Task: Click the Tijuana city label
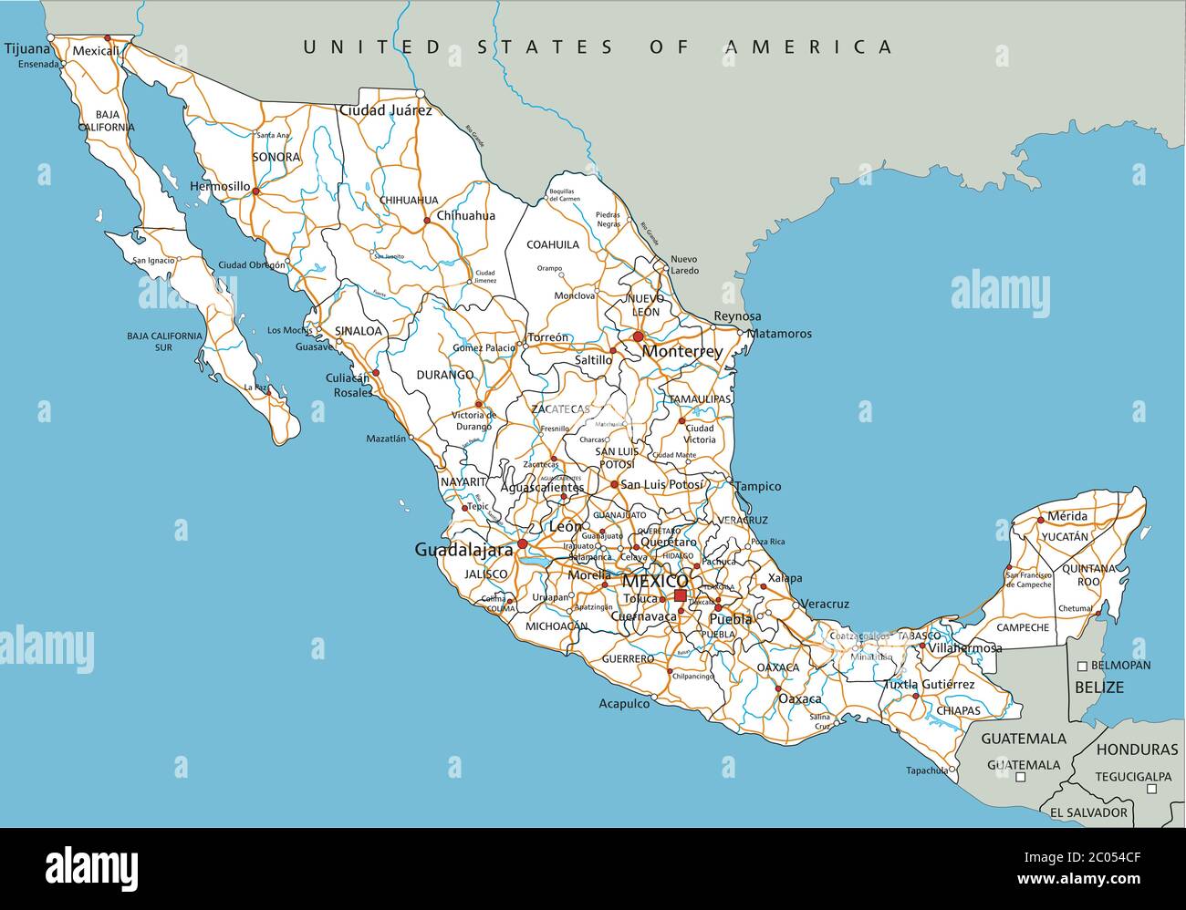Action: click(x=25, y=49)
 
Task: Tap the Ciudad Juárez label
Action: click(x=385, y=110)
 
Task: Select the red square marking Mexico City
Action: click(x=680, y=596)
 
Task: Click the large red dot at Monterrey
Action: click(x=638, y=337)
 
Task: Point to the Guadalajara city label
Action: click(x=463, y=550)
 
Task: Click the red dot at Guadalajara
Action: click(x=523, y=544)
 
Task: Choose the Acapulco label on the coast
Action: click(x=624, y=703)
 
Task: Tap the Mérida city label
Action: click(x=1067, y=516)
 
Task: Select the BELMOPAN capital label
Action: click(x=1121, y=666)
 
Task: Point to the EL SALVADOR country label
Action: click(x=1087, y=812)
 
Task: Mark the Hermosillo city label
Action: click(x=220, y=186)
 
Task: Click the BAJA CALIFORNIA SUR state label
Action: click(x=164, y=341)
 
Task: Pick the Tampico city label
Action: click(x=758, y=486)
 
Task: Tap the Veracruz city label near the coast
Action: click(x=827, y=604)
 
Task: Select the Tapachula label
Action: click(x=926, y=770)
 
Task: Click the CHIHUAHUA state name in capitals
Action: click(x=408, y=200)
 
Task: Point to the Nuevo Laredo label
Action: click(x=684, y=264)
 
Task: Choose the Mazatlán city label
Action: click(x=385, y=439)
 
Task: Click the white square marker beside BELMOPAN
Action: click(x=1082, y=666)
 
